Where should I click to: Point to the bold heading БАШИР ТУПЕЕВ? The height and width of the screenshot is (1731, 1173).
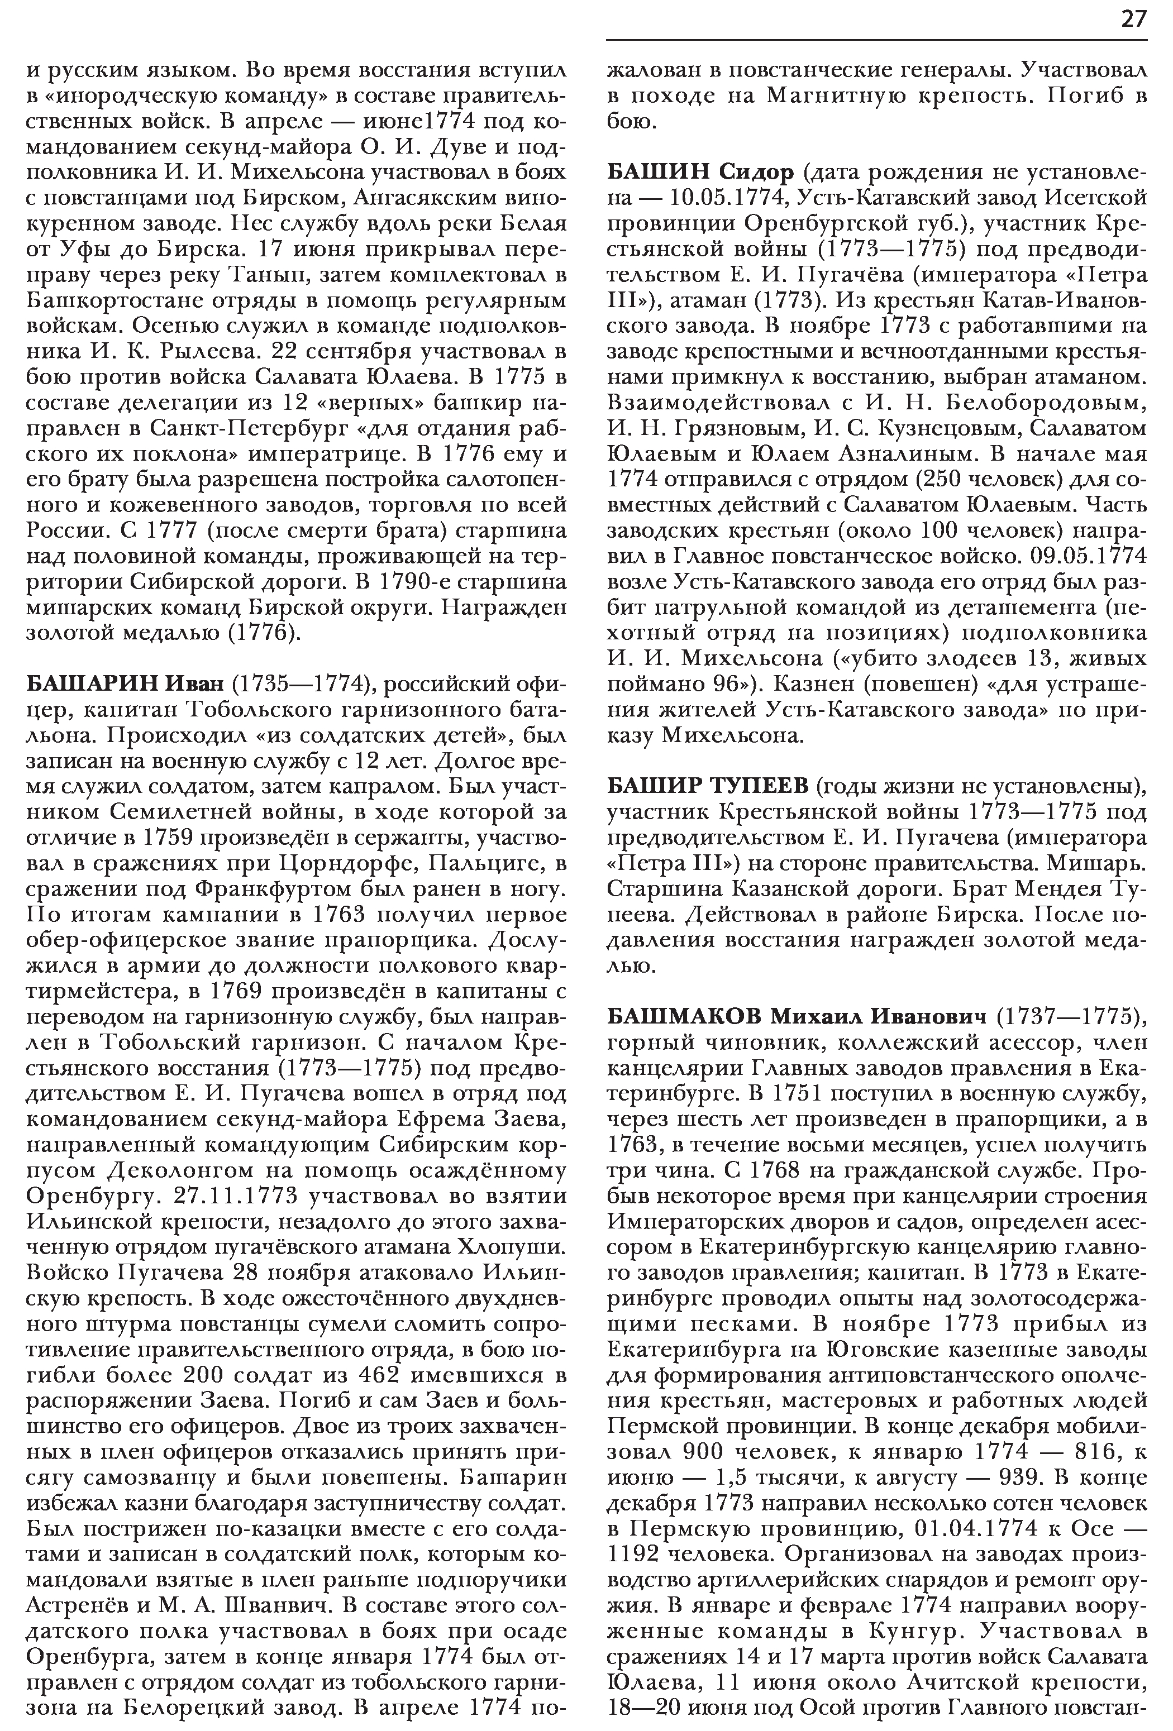(707, 787)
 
